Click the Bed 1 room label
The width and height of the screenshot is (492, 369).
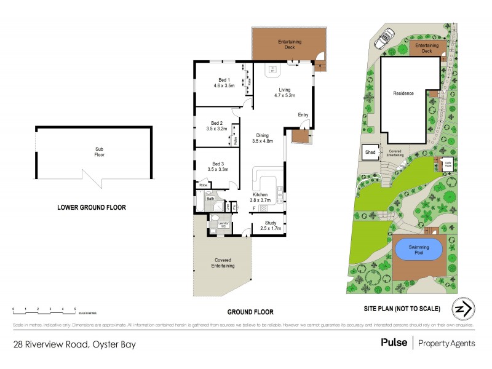coord(224,80)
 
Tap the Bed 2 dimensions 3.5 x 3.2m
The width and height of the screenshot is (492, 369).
coord(217,129)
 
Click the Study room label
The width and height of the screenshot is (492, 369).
coord(271,223)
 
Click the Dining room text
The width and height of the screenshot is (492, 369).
coord(262,135)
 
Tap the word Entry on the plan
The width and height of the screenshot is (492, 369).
coord(303,115)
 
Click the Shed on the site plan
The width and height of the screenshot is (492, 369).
coord(370,152)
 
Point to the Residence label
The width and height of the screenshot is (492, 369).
coord(403,93)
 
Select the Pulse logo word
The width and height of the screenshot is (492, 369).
coord(394,343)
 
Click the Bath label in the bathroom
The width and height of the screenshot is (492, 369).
coord(210,199)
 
